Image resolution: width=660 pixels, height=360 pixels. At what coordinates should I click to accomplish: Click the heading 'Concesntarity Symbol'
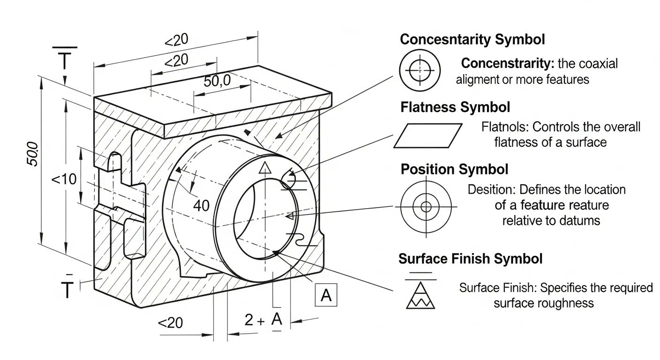coord(472,39)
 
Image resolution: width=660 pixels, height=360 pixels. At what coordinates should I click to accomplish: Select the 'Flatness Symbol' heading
coord(455,107)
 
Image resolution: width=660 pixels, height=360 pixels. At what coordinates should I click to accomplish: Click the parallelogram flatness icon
coord(427,135)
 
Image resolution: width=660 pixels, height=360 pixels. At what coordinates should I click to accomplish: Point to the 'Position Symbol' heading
coord(454,169)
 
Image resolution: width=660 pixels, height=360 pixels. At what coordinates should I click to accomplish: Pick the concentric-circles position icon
coord(426,207)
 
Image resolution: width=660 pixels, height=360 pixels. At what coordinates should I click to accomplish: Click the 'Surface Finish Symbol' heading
coord(470,259)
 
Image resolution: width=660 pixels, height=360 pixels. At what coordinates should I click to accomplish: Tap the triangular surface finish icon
coord(420,295)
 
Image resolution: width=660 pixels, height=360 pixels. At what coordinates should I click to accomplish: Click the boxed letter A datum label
coord(326,295)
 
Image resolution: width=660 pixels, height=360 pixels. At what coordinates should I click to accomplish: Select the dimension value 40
coord(201,206)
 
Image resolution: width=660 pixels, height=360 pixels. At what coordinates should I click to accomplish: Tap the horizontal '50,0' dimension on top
coord(217,81)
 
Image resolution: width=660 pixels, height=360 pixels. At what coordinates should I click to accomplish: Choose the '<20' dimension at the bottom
coord(170,322)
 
